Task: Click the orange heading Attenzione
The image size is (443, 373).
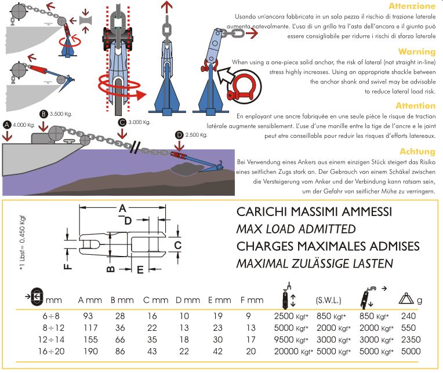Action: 412,6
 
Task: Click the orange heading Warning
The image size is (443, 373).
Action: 416,52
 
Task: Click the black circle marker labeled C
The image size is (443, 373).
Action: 121,122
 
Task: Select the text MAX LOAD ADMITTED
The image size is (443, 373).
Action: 296,229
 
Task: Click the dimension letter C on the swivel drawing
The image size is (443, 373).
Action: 178,246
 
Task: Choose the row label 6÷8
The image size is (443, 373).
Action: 37,316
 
